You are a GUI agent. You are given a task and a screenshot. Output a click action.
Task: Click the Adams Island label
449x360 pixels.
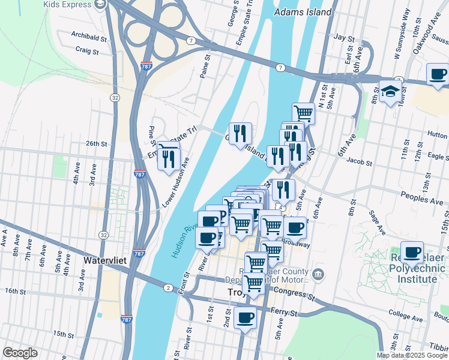pyautogui.click(x=303, y=12)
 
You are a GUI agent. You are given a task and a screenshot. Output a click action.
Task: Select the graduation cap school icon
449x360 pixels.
pyautogui.click(x=390, y=91)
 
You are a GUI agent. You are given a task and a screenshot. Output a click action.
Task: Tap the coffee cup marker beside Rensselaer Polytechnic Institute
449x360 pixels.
pyautogui.click(x=412, y=252)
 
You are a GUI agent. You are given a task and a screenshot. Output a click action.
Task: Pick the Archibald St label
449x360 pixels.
pyautogui.click(x=88, y=36)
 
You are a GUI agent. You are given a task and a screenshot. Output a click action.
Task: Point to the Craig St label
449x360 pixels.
pyautogui.click(x=87, y=52)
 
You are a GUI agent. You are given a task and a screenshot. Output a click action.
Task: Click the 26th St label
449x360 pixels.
pyautogui.click(x=96, y=144)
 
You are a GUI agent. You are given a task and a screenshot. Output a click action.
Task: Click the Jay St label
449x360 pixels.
pyautogui.click(x=344, y=37)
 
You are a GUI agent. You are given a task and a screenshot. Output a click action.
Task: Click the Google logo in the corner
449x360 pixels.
pyautogui.click(x=20, y=353)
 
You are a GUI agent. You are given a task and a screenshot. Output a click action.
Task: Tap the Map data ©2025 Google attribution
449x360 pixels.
pyautogui.click(x=412, y=355)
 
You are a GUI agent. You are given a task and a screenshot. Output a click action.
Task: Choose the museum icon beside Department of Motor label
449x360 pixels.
pyautogui.click(x=318, y=275)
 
